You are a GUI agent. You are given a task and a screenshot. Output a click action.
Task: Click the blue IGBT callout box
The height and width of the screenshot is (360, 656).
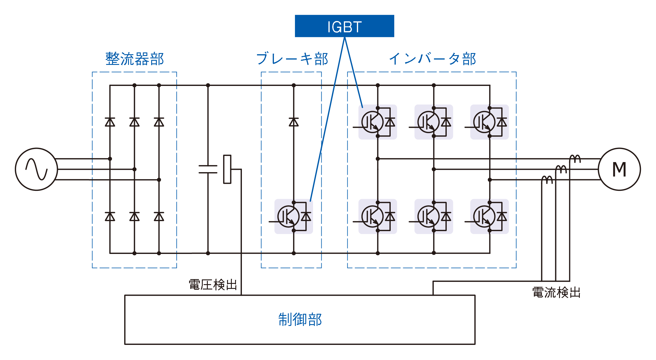(x=344, y=26)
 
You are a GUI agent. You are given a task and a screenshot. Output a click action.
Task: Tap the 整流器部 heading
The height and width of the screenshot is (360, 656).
(x=135, y=59)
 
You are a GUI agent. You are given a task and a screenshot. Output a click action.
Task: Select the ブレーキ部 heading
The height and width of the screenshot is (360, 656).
(x=292, y=59)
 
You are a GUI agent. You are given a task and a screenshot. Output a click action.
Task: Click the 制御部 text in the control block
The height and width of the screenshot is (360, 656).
(x=300, y=319)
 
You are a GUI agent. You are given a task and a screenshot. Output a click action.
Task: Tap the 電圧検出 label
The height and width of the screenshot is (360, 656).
(x=213, y=285)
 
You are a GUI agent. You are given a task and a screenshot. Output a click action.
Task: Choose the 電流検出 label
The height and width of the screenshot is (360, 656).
(x=556, y=292)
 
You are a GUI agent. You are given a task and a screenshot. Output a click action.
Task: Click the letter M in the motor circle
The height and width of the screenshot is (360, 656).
(x=619, y=169)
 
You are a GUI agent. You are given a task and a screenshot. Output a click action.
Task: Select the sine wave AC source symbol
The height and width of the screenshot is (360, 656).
(x=36, y=169)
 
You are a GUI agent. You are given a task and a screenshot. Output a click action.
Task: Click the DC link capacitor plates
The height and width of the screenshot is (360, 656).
(x=208, y=169)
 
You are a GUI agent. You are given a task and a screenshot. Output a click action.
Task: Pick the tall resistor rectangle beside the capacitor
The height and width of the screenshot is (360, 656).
(x=227, y=169)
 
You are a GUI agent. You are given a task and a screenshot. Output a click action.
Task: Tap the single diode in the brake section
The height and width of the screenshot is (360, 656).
(x=294, y=122)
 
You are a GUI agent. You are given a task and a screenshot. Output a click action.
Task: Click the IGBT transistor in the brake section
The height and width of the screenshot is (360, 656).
(x=288, y=217)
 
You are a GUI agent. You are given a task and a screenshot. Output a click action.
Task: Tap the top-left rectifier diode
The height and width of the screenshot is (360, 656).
(x=110, y=122)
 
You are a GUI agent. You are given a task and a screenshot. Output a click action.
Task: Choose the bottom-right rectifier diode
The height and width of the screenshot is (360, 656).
(x=159, y=217)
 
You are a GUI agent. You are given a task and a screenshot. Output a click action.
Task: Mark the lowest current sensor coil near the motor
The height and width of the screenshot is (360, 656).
(x=547, y=180)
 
